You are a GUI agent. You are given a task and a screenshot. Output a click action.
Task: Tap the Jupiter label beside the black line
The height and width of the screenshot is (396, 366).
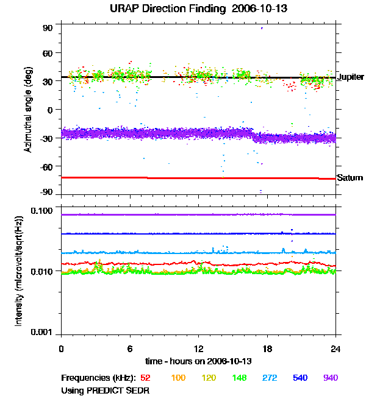click(x=350, y=77)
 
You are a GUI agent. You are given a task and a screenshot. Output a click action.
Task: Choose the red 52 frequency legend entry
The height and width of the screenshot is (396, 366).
click(x=146, y=378)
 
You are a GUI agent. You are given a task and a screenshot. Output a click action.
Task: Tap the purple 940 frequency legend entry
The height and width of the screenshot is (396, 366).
click(x=330, y=378)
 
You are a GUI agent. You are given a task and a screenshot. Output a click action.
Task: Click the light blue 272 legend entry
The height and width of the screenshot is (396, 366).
click(x=269, y=378)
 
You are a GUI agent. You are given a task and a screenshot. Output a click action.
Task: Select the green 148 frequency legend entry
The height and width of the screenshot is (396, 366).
click(x=239, y=378)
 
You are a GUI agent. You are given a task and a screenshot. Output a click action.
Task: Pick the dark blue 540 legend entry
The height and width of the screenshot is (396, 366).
click(x=300, y=378)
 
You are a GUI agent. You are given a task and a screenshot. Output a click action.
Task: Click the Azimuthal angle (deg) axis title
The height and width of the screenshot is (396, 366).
click(x=28, y=110)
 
